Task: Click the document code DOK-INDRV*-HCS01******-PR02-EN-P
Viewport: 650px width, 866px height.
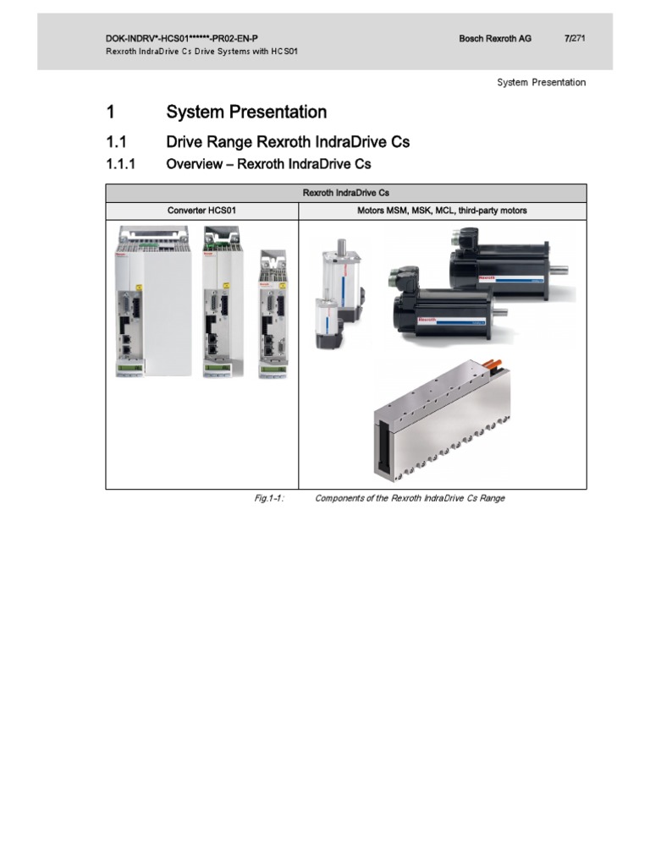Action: pos(182,39)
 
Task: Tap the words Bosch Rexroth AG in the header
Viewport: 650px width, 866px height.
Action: pos(494,39)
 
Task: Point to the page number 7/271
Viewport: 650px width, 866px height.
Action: pos(575,39)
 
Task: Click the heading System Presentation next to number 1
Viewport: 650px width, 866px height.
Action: pos(246,112)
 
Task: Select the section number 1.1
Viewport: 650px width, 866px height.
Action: pos(116,141)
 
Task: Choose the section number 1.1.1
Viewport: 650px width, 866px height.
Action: pos(122,164)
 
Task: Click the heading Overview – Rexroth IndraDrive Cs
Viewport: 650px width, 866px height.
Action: pos(268,164)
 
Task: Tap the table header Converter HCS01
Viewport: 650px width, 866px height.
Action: pos(201,210)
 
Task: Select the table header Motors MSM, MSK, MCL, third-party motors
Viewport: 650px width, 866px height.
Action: pos(442,210)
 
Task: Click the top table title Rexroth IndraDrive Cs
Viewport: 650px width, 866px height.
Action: pos(345,193)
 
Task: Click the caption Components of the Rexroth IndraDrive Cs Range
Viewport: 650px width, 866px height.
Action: pos(410,498)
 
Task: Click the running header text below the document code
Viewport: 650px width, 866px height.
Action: pos(201,52)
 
